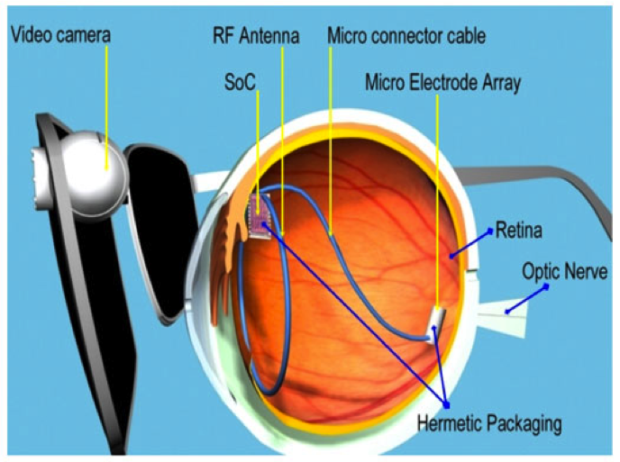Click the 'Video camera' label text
(60, 34)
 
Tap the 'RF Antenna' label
(256, 36)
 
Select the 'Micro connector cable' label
(406, 36)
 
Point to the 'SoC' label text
(240, 82)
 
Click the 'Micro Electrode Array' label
(442, 83)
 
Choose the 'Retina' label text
(518, 230)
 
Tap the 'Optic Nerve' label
(564, 271)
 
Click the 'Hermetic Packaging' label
(489, 423)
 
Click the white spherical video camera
(95, 175)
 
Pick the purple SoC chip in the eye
(260, 215)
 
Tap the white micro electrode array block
(437, 325)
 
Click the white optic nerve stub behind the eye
(502, 317)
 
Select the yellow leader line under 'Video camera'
(106, 107)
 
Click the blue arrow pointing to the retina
(471, 243)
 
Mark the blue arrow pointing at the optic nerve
(527, 300)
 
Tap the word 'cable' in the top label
(467, 36)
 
